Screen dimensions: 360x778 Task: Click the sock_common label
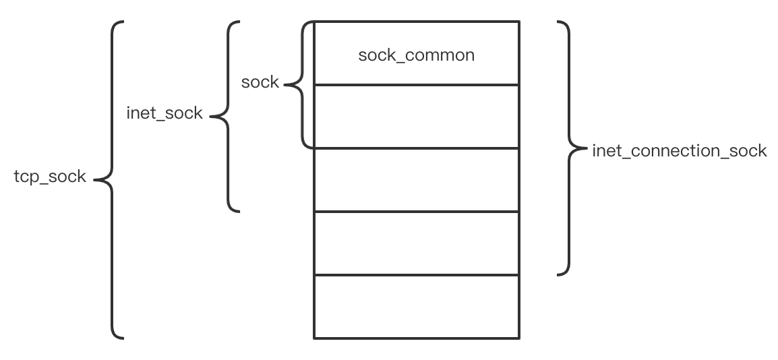416,55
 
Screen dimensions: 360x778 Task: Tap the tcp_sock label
50,177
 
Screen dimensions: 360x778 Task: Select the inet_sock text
164,113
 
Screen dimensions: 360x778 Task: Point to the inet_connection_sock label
679,150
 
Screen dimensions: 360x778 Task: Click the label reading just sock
260,82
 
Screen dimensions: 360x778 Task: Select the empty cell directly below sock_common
416,116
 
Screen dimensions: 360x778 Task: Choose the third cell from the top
416,179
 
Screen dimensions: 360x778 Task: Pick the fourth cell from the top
416,243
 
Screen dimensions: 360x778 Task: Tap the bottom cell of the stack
416,306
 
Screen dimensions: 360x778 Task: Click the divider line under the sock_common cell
416,85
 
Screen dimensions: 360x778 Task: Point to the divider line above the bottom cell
416,274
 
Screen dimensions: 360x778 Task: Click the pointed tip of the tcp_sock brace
94,180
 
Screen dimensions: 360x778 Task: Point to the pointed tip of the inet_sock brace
211,117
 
